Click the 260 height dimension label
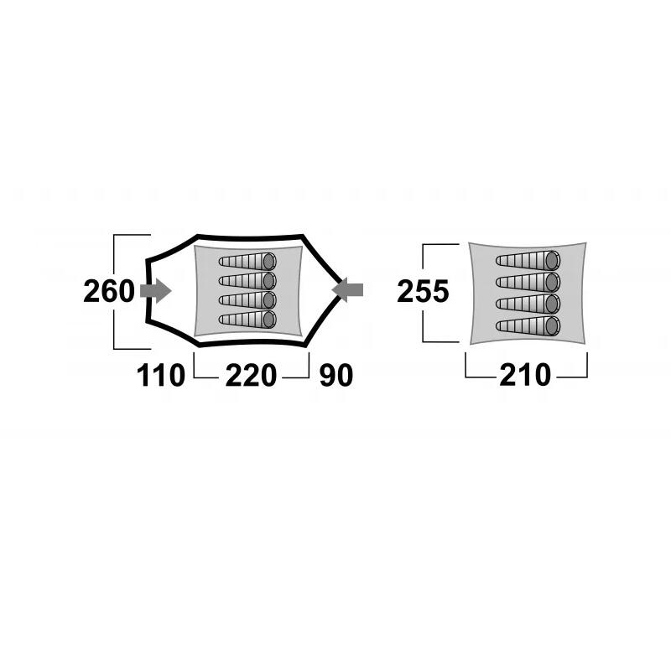(x=109, y=291)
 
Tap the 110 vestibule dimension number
(x=160, y=375)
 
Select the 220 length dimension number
(x=251, y=375)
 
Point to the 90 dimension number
(x=336, y=375)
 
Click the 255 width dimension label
(x=423, y=291)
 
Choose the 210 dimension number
(x=525, y=375)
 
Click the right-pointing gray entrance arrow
(x=156, y=291)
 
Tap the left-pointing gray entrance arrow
(x=347, y=290)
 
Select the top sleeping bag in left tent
(x=247, y=261)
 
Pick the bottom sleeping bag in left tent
(x=247, y=320)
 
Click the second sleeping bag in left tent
(x=247, y=281)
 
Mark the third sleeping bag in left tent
(x=247, y=300)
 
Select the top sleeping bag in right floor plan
(x=528, y=260)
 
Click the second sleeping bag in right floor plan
(x=528, y=282)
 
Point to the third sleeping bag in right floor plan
(x=528, y=304)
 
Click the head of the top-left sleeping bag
(x=268, y=261)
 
